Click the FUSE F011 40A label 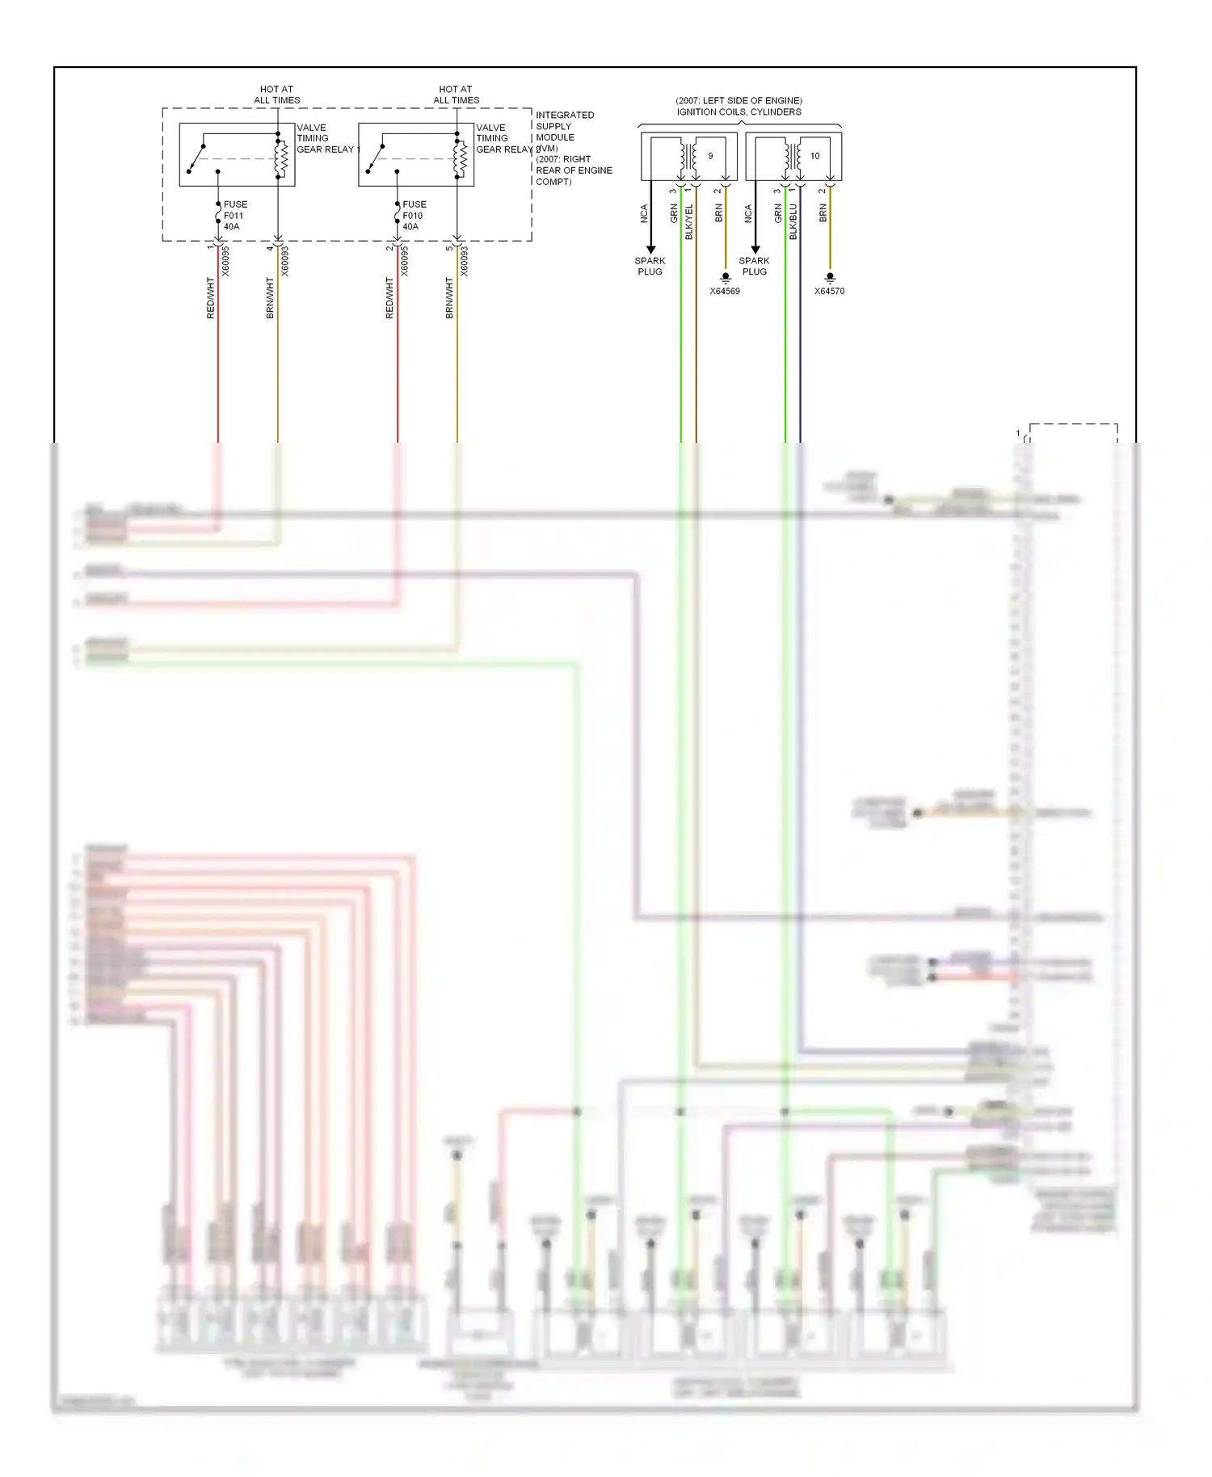coord(234,216)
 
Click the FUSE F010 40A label coord(414,216)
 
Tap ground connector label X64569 coord(725,291)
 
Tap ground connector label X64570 coord(829,291)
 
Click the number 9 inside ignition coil coord(710,156)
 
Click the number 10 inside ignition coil coord(814,156)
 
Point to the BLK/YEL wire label coord(689,221)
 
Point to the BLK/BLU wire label coord(793,221)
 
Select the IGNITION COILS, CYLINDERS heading coord(739,112)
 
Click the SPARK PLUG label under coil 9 coord(650,266)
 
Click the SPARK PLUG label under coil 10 coord(754,266)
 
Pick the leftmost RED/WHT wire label coord(211,297)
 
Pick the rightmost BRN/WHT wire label coord(450,297)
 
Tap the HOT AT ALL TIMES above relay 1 coord(277,95)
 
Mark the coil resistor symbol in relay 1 coord(282,158)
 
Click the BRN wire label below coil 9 coord(719,213)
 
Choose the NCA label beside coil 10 coord(748,213)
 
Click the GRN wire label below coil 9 coord(674,213)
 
